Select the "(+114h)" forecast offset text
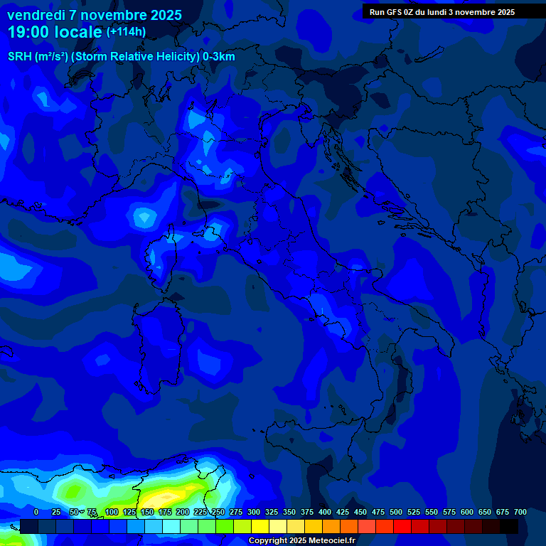click(126, 32)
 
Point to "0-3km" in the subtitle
click(218, 57)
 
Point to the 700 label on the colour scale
click(520, 512)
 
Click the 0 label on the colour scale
click(36, 512)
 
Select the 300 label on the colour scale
click(254, 512)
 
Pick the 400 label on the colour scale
click(325, 512)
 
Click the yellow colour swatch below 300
click(260, 526)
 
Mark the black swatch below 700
click(509, 526)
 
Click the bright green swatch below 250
click(225, 526)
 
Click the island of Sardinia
click(160, 348)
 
